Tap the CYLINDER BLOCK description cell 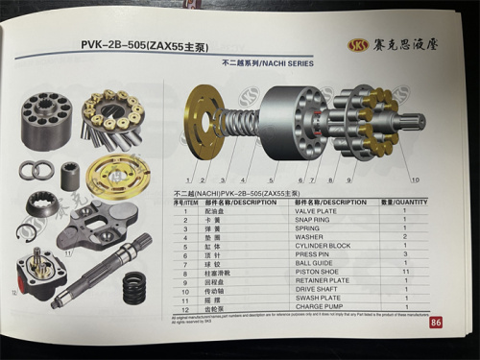tap(323, 246)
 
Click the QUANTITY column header tap(406, 203)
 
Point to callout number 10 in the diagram tap(415, 179)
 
